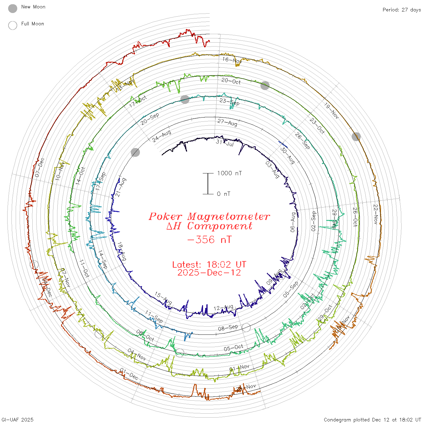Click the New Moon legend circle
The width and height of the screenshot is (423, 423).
(x=13, y=8)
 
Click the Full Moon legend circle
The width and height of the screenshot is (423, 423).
(x=13, y=25)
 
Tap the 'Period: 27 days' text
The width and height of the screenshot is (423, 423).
(x=402, y=10)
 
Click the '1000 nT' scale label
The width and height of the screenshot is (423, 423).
(x=229, y=173)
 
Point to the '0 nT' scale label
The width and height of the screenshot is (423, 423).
(x=224, y=194)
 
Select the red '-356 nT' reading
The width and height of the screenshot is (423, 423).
(x=209, y=240)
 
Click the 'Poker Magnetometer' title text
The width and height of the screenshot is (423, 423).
(x=209, y=216)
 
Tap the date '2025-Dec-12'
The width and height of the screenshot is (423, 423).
(x=209, y=273)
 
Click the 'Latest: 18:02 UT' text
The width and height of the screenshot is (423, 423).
(x=209, y=265)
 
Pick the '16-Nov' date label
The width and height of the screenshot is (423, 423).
(x=232, y=60)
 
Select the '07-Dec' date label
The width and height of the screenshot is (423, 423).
(x=40, y=168)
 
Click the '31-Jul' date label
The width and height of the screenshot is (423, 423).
(x=225, y=143)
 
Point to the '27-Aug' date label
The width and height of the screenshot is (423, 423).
(x=227, y=122)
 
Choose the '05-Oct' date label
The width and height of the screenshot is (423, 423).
(x=234, y=348)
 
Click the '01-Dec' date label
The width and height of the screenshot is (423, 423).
(x=129, y=374)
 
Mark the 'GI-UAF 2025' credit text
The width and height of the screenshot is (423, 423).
(x=17, y=419)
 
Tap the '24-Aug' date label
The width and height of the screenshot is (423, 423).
(x=162, y=136)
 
